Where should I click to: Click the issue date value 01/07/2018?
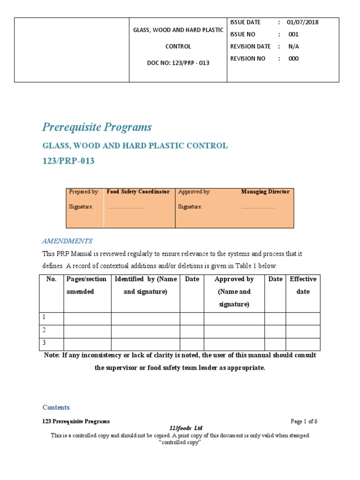(x=302, y=22)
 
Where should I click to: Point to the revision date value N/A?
(x=293, y=46)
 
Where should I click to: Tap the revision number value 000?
(x=293, y=59)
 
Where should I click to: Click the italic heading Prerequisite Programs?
(x=97, y=127)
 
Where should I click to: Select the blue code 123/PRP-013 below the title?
(x=68, y=161)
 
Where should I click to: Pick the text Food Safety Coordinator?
(x=138, y=192)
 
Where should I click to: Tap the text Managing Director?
(x=265, y=192)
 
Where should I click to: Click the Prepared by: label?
(x=84, y=192)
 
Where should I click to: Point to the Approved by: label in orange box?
(x=194, y=192)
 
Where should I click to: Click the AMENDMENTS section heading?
(x=67, y=241)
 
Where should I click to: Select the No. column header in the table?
(x=52, y=279)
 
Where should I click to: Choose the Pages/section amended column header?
(x=87, y=285)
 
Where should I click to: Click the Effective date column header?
(x=303, y=285)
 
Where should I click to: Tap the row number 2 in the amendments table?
(x=44, y=330)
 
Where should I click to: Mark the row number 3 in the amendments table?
(x=44, y=343)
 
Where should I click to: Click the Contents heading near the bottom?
(x=56, y=407)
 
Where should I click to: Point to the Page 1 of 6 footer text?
(x=304, y=421)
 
